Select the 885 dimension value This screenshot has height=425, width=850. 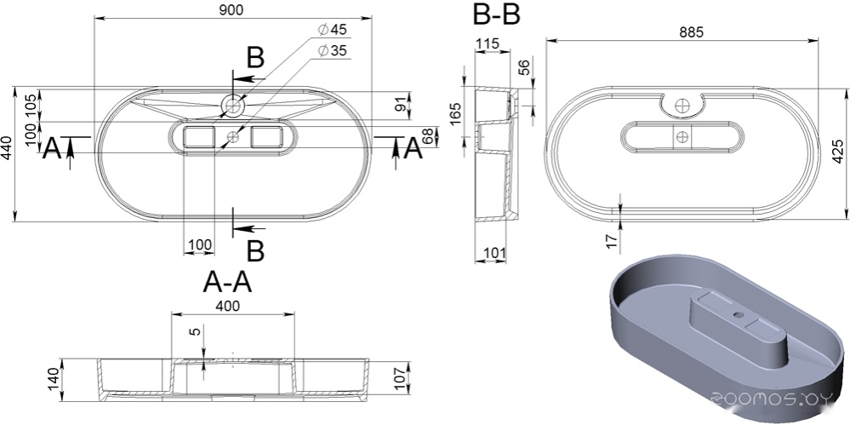(x=691, y=32)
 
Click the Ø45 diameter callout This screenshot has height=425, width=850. (x=333, y=29)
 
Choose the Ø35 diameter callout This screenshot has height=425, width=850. (x=333, y=50)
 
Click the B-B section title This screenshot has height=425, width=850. (x=497, y=14)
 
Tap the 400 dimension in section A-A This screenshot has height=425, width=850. (x=228, y=306)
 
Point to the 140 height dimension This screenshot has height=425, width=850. (x=54, y=379)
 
